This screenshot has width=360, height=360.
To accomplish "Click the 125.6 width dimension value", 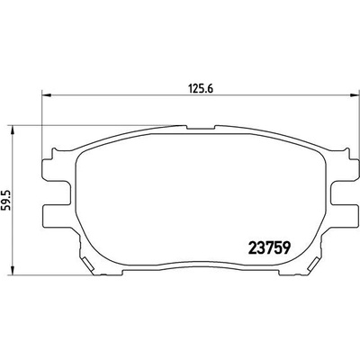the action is pyautogui.click(x=201, y=89).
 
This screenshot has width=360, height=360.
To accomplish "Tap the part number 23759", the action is pyautogui.click(x=269, y=247).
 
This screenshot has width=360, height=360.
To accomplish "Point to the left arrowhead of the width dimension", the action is pyautogui.click(x=47, y=95).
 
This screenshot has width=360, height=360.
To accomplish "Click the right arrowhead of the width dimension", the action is pyautogui.click(x=355, y=95).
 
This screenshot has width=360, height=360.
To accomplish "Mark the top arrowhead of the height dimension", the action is pyautogui.click(x=12, y=130).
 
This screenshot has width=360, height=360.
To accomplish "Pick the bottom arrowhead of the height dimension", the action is pyautogui.click(x=12, y=270).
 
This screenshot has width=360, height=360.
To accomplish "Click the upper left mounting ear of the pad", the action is pyautogui.click(x=56, y=168).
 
